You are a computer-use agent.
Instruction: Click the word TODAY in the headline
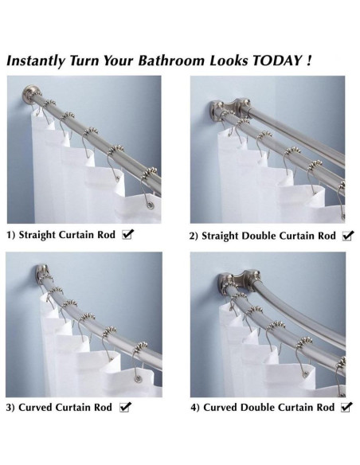276,61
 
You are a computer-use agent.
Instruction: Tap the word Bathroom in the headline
171,61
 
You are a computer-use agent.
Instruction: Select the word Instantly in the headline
36,61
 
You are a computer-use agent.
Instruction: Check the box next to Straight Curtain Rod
128,234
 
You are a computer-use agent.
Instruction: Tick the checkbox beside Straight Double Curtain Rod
348,236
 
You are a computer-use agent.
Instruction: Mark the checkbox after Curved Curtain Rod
125,407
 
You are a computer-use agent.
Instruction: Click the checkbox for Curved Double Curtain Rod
346,407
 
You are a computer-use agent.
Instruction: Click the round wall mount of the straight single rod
29,94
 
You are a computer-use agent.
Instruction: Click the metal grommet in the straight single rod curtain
151,205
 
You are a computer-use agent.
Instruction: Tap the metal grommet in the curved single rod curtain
138,378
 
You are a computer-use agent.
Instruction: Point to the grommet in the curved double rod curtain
305,373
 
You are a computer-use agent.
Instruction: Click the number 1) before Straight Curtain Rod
11,235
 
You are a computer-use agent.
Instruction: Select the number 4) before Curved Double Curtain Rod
195,408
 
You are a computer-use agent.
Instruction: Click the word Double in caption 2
259,236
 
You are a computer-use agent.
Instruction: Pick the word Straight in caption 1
37,235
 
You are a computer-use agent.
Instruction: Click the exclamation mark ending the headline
309,61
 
